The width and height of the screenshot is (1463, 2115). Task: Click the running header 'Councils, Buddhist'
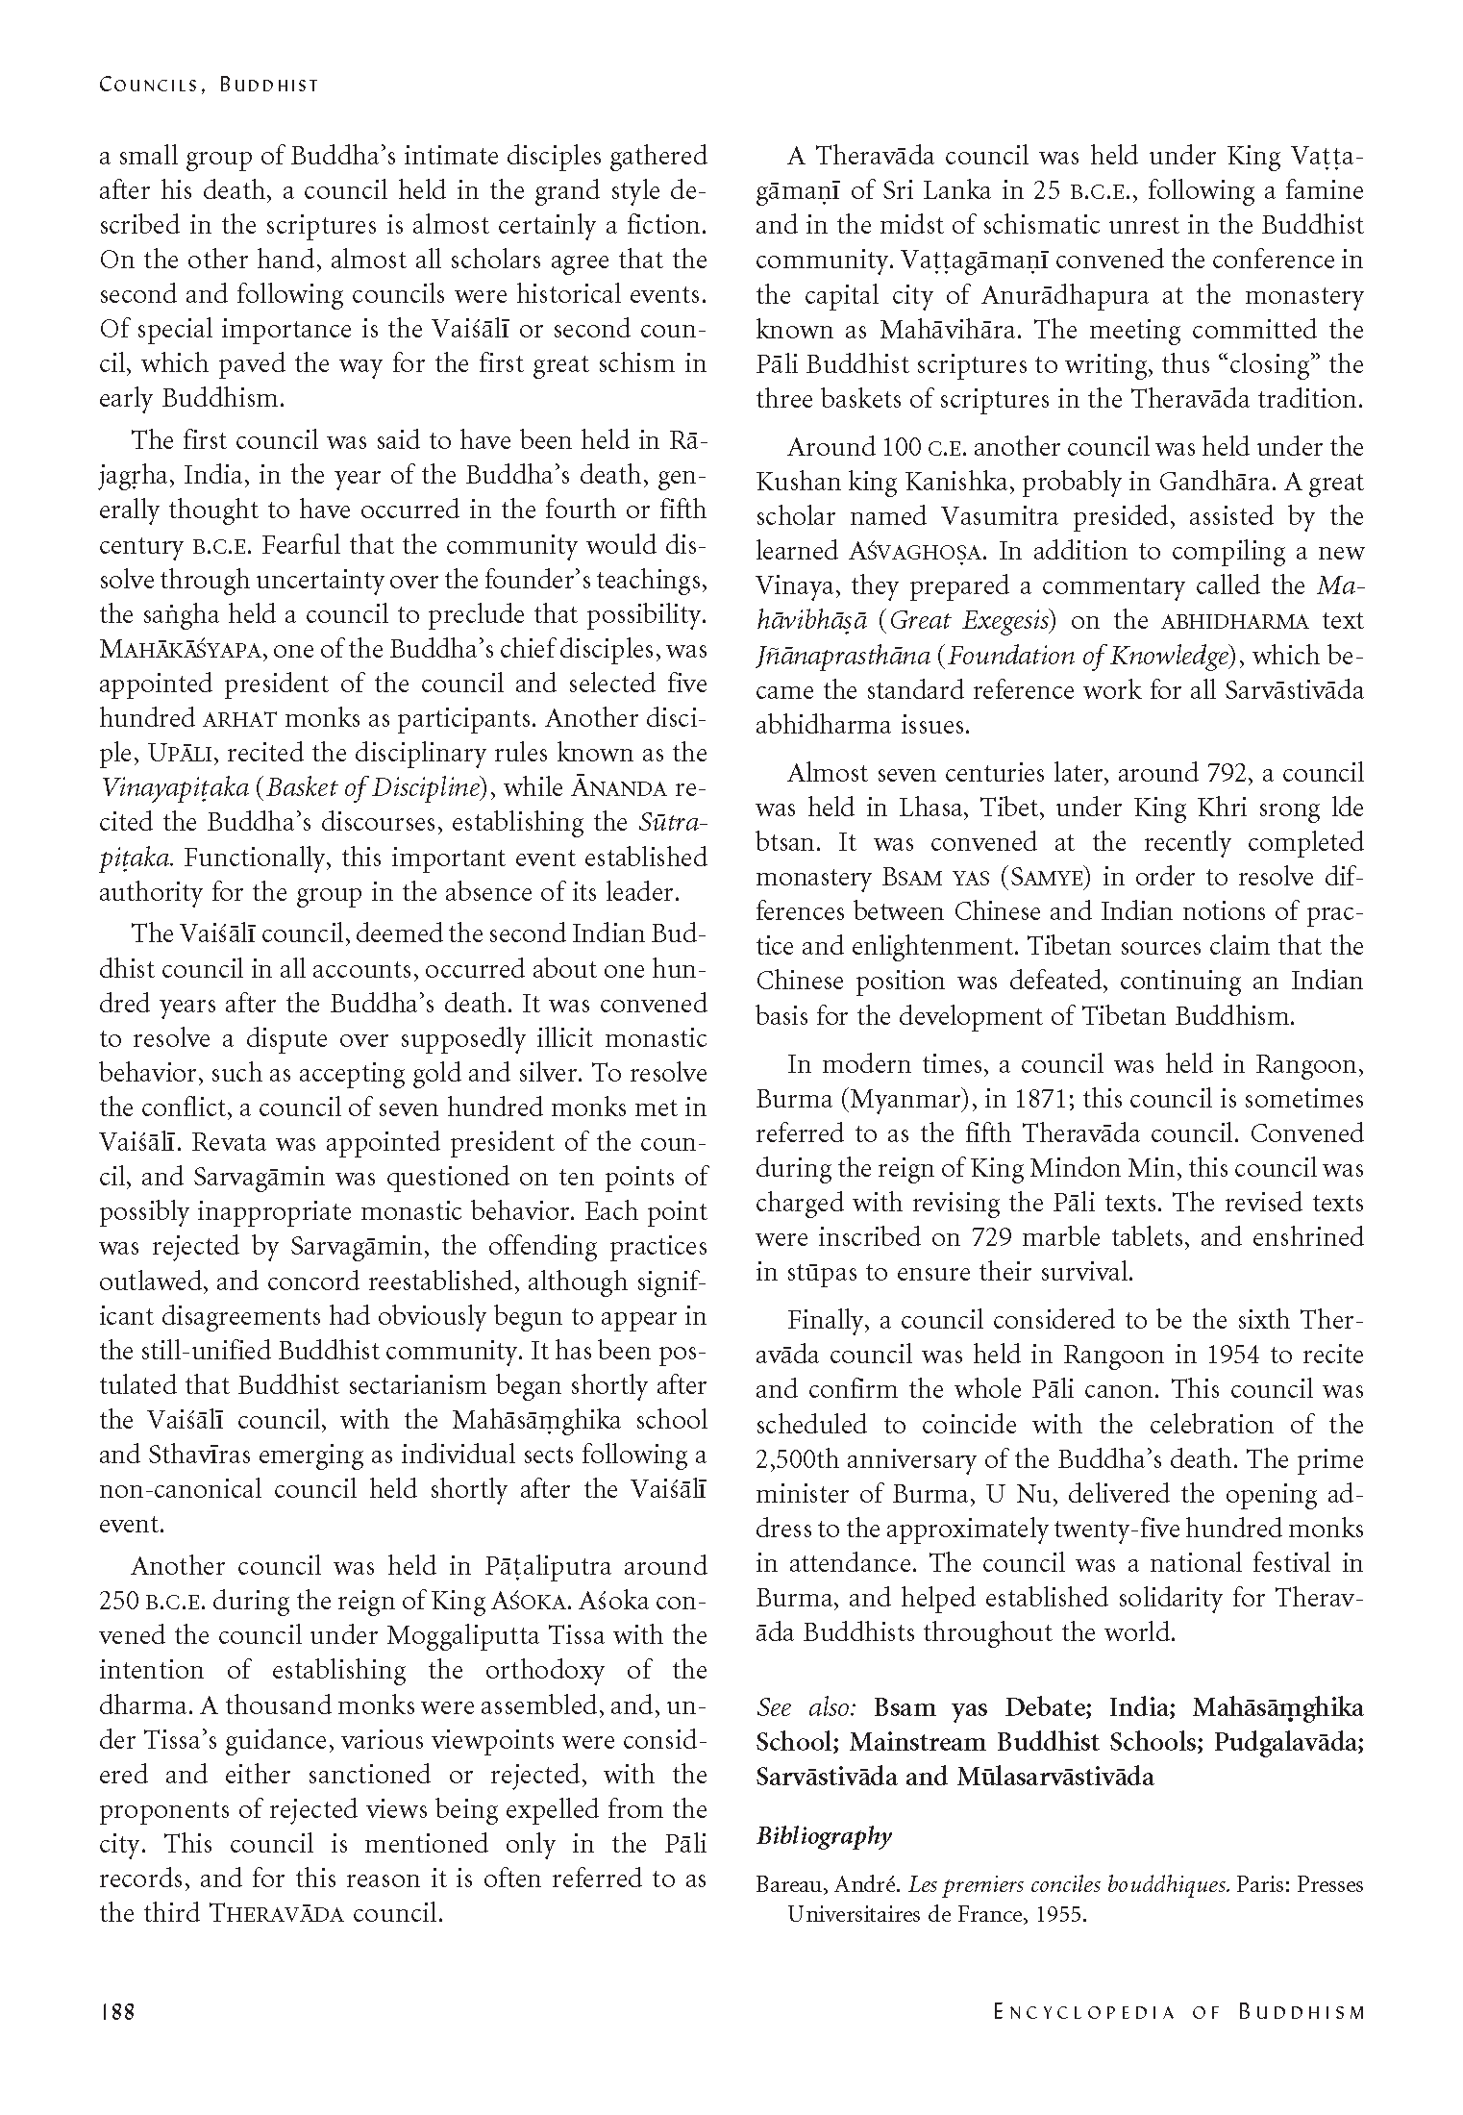[209, 86]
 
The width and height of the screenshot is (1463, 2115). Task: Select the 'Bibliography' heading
[824, 1836]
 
